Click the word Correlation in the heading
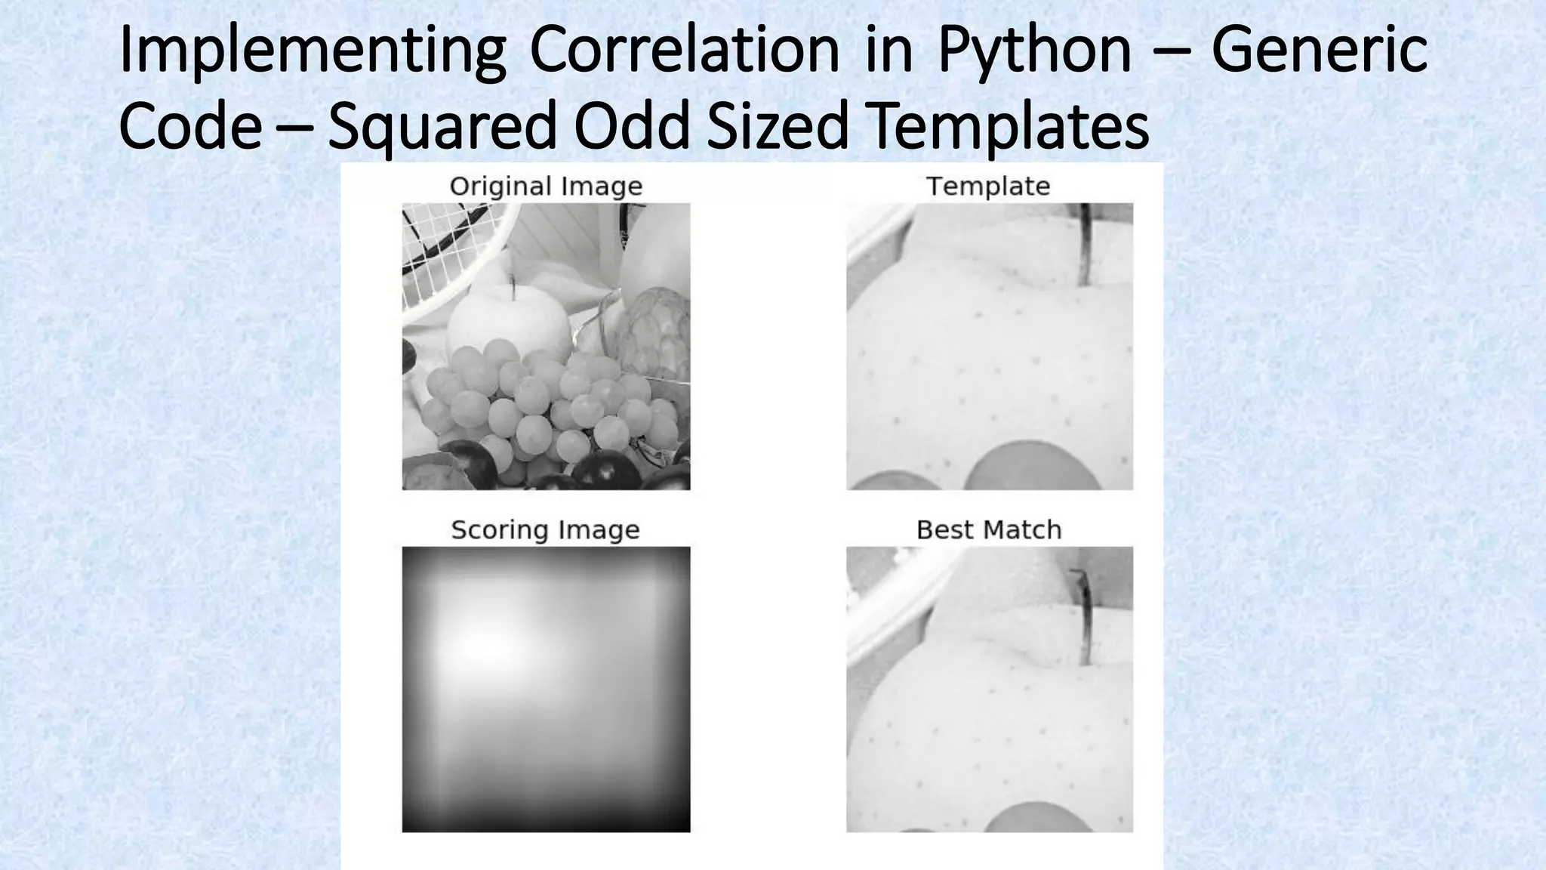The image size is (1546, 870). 684,50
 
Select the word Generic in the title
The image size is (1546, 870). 1319,50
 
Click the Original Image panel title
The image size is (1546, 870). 546,187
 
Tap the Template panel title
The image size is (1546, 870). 988,187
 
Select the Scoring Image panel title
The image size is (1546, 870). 545,530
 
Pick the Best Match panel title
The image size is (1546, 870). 989,530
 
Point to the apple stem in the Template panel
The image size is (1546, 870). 1085,245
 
